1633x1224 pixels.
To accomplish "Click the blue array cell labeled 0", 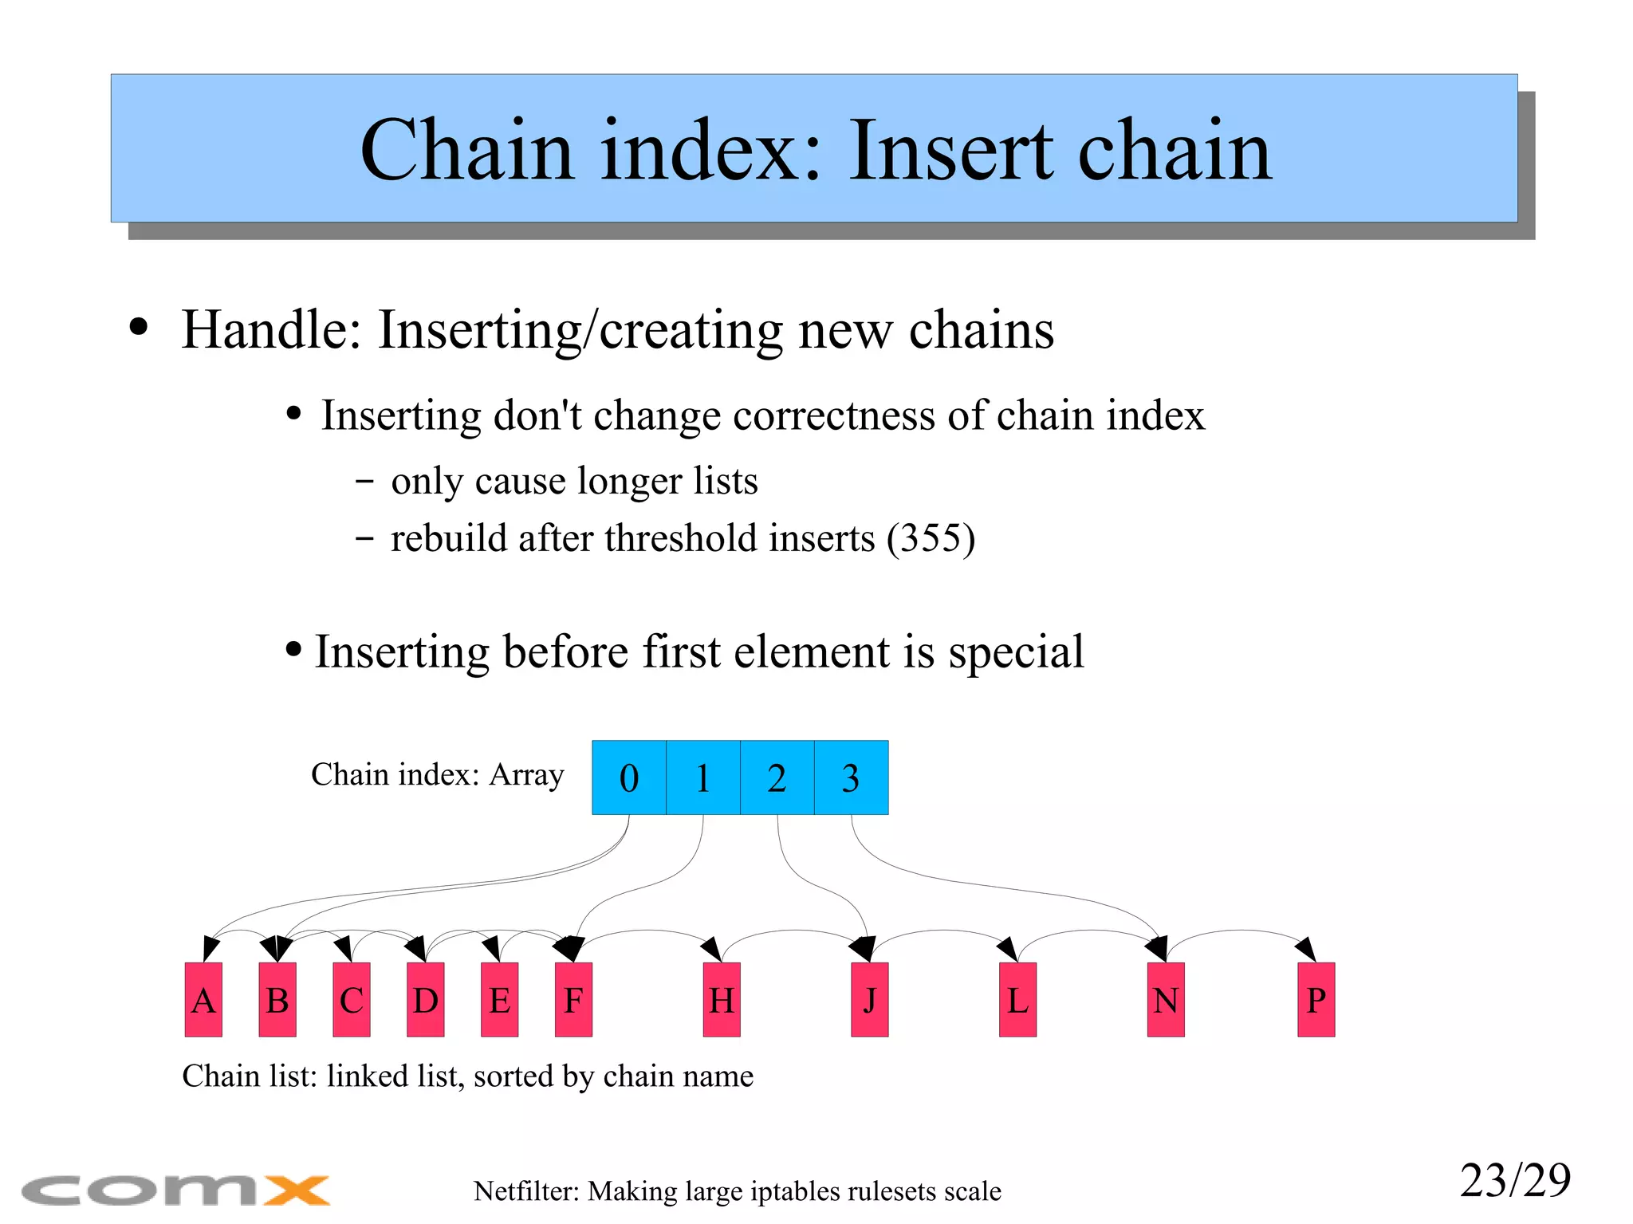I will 629,777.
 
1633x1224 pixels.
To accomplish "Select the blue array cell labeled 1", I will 703,777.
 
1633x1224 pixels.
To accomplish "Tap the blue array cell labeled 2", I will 777,777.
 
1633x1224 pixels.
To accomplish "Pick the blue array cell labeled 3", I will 852,777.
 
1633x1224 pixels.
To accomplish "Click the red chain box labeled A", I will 203,1000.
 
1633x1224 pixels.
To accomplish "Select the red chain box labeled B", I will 277,1000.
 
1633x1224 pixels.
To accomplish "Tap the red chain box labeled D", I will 426,1000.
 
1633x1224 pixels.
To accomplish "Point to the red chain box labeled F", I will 574,1000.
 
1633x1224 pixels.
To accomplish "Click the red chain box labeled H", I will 722,1000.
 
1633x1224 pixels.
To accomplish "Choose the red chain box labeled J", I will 870,1000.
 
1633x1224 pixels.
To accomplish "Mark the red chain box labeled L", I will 1018,1000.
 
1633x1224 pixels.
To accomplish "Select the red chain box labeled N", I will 1166,1000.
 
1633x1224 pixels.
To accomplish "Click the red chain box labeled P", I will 1316,1000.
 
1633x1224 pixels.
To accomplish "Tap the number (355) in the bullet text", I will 931,538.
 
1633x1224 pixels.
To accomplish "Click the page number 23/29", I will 1515,1180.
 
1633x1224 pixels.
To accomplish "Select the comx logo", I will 175,1191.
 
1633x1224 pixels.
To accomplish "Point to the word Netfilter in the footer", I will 526,1191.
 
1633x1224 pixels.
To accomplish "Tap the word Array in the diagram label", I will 526,774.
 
